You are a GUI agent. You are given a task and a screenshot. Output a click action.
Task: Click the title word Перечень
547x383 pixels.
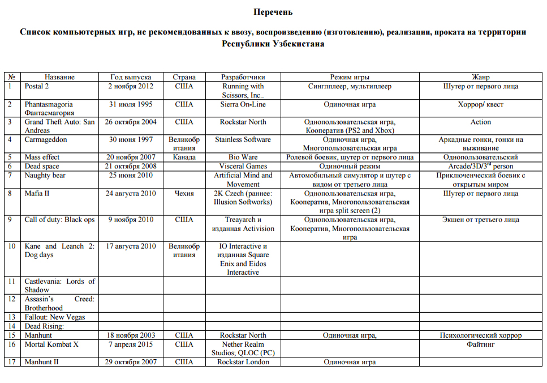click(273, 12)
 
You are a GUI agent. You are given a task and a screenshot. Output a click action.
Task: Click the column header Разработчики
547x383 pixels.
click(243, 77)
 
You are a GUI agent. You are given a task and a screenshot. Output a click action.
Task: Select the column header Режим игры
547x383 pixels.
click(350, 77)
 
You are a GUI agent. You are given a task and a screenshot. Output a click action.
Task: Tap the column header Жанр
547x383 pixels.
click(480, 77)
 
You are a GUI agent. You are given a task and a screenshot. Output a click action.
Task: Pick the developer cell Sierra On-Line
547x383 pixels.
click(243, 104)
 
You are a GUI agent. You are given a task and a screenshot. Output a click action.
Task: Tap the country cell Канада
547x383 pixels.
click(184, 157)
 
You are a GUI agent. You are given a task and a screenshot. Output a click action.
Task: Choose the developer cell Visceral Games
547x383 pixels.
click(243, 166)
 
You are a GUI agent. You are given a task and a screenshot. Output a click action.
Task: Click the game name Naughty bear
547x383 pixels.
click(45, 175)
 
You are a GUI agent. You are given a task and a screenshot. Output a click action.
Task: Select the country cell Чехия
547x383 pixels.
click(184, 193)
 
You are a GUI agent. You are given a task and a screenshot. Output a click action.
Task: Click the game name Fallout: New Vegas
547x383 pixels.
click(54, 317)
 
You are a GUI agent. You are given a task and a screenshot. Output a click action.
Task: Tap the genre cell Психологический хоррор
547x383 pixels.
click(480, 335)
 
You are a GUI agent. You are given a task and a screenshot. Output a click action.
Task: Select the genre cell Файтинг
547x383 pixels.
click(480, 344)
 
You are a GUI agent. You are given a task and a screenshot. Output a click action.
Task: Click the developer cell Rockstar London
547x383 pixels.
click(243, 362)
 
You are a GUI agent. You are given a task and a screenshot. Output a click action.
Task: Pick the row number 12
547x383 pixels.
click(12, 299)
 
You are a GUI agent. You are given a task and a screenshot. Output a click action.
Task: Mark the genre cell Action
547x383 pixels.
click(480, 122)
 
